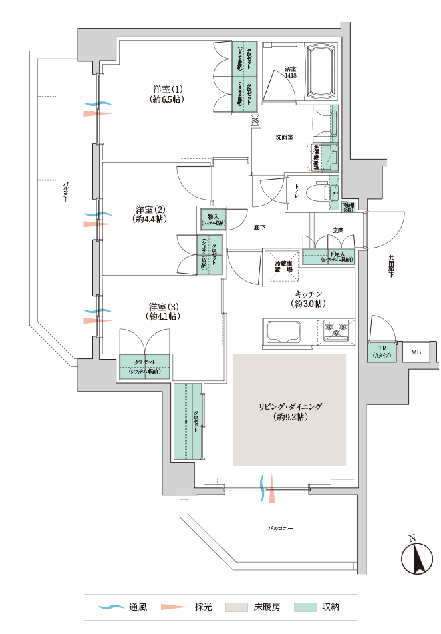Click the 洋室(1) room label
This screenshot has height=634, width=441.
[x=167, y=94]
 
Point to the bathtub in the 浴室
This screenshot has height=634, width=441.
[x=322, y=71]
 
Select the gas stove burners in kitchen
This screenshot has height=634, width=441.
[x=337, y=330]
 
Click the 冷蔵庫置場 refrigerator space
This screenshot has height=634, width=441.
[x=284, y=266]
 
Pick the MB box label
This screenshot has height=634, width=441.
[x=416, y=352]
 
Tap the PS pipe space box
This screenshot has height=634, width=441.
[x=255, y=121]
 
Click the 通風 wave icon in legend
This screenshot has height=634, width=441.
[x=112, y=607]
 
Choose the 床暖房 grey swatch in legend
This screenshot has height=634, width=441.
[x=235, y=607]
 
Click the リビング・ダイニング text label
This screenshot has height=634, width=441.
[x=290, y=411]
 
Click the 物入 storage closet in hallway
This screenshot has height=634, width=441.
[x=213, y=219]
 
